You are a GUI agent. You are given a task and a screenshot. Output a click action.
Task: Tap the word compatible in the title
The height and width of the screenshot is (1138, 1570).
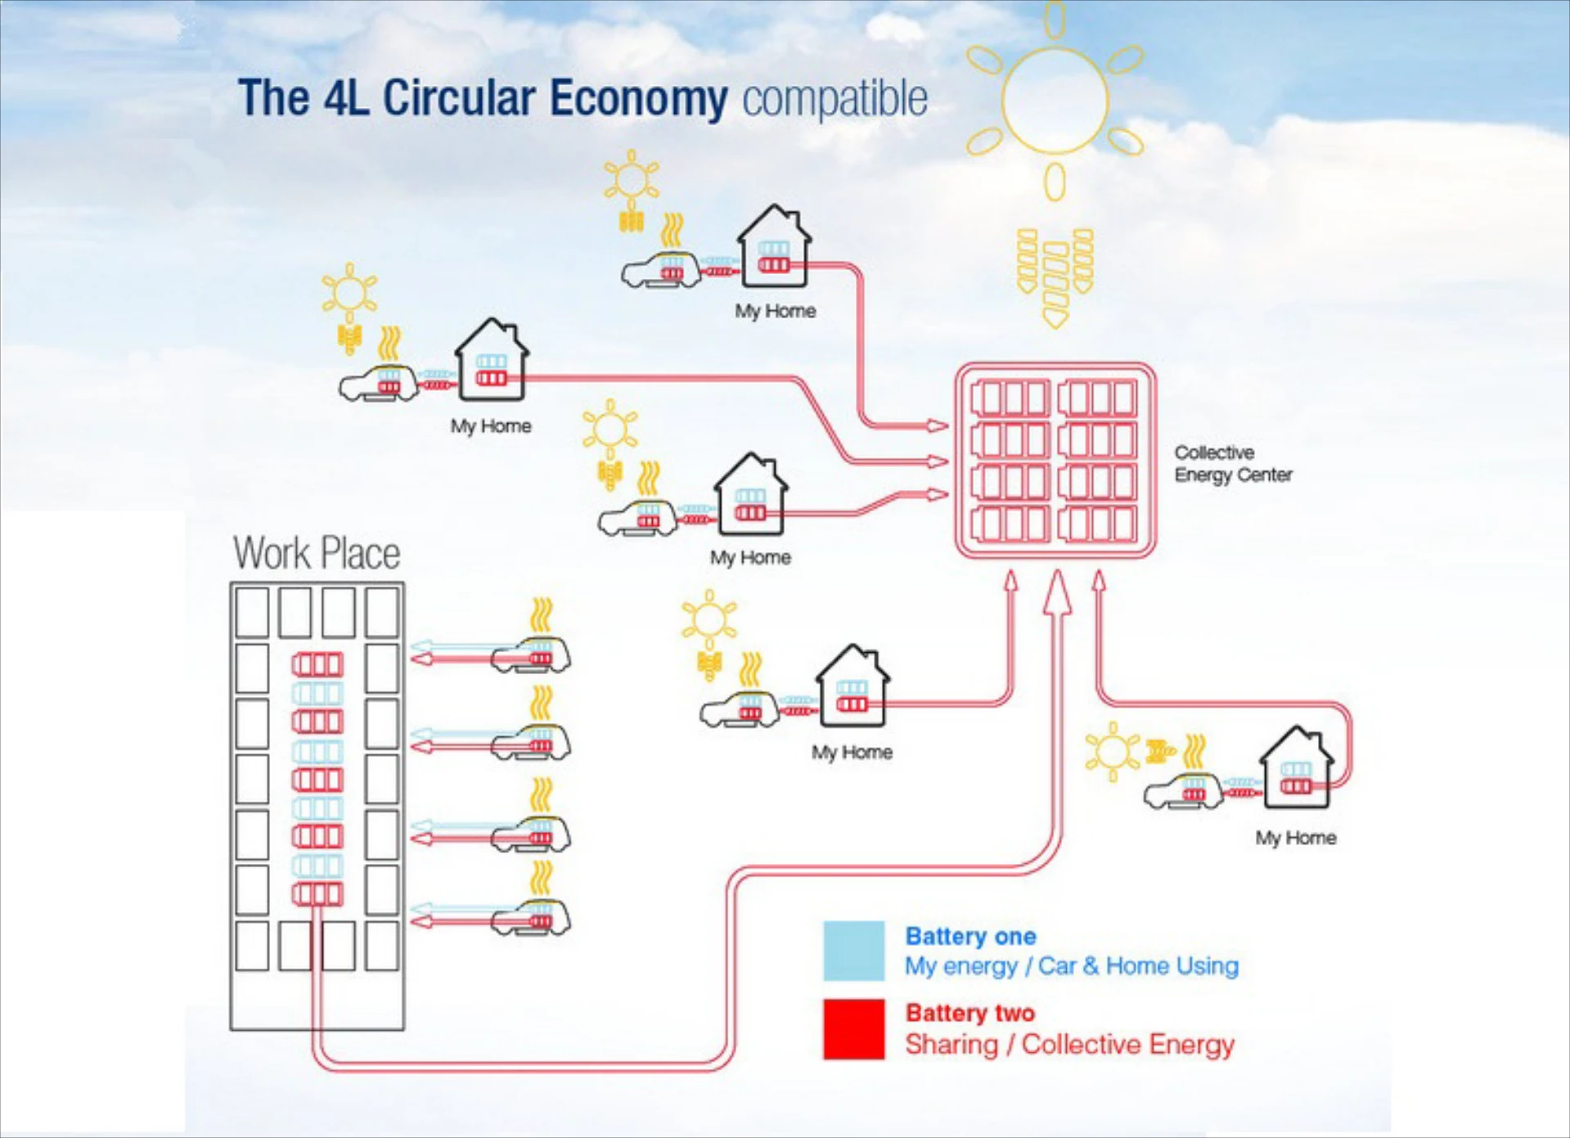tap(834, 99)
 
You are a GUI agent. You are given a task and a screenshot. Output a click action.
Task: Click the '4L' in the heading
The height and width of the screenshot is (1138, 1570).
tap(346, 99)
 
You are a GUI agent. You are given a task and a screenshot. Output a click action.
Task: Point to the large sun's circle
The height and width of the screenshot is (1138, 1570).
tap(1055, 101)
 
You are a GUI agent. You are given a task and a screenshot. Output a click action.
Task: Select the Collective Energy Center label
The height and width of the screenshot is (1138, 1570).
tap(1233, 464)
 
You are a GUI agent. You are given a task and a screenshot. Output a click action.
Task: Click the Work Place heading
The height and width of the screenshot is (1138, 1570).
tap(317, 554)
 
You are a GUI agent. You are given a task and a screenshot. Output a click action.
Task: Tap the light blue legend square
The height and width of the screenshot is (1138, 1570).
tap(853, 951)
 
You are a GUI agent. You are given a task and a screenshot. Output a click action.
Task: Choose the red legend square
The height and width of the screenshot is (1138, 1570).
tap(853, 1029)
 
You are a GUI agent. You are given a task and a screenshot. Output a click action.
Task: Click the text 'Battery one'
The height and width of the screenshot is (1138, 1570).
tap(970, 936)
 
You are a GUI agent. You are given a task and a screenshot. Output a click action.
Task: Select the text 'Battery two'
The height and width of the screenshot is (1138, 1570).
tap(969, 1013)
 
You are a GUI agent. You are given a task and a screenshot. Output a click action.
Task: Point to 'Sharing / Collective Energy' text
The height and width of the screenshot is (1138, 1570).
tap(1069, 1045)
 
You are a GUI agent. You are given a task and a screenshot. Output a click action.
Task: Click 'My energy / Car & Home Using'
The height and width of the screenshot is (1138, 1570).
tap(1071, 966)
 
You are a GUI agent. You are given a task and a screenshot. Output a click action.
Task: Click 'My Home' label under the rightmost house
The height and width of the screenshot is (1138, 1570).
tap(1296, 838)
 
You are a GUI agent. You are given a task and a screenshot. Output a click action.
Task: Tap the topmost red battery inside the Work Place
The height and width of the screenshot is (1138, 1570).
tap(317, 664)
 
